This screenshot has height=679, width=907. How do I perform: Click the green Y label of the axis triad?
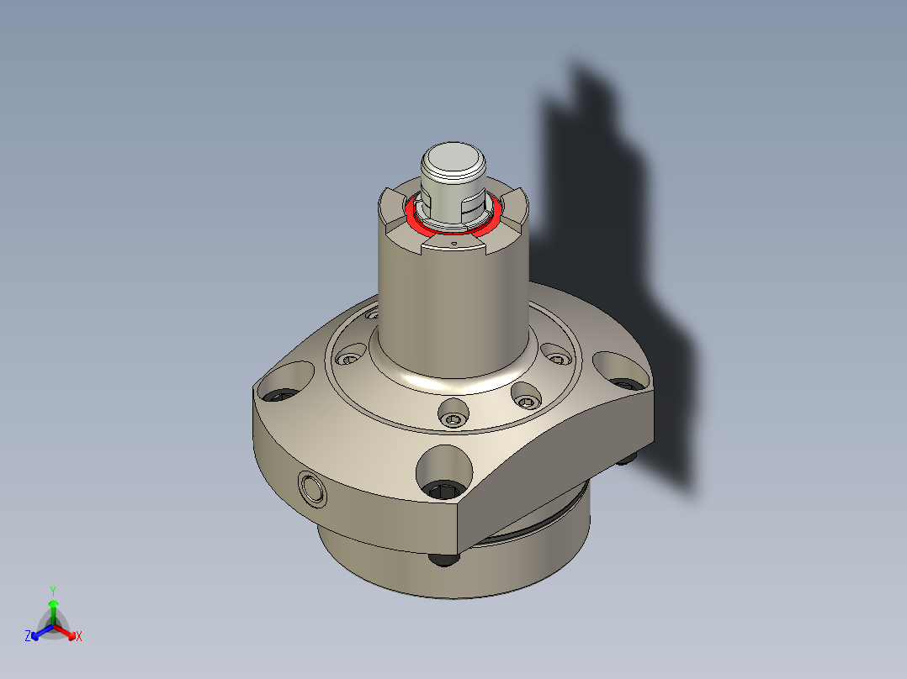pos(53,591)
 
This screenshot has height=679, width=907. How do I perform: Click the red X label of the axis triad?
pos(79,637)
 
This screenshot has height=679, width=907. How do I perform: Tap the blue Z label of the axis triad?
pos(28,637)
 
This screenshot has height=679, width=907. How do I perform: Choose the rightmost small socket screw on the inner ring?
pos(554,353)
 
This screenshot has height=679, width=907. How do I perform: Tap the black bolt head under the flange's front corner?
pos(443,558)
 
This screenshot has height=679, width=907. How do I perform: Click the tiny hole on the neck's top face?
pos(453,242)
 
